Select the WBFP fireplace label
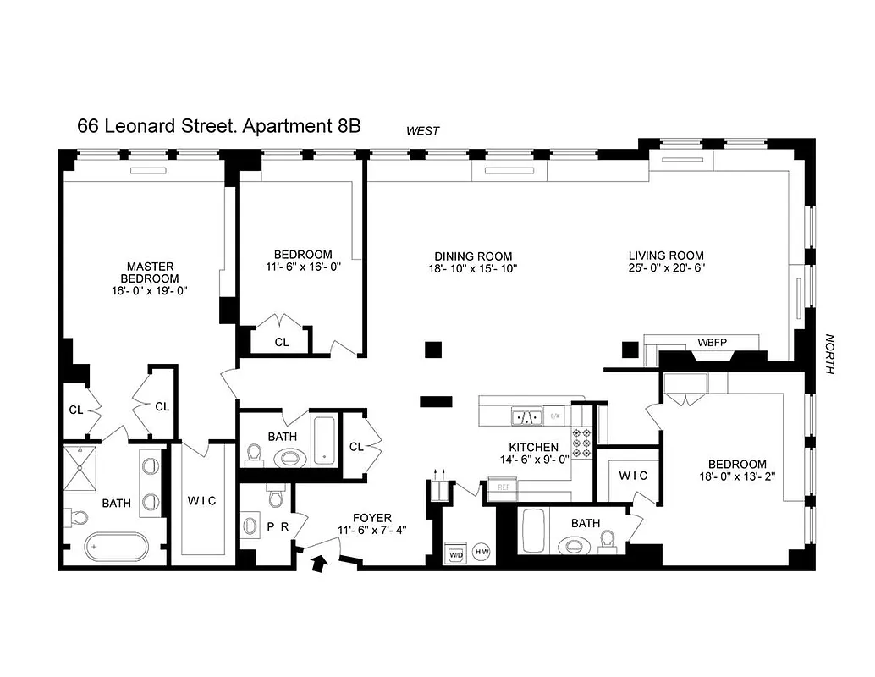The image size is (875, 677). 712,342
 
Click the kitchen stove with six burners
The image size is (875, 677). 582,442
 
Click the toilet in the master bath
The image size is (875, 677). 77,515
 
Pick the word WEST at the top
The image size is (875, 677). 422,130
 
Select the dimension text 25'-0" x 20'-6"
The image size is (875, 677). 665,267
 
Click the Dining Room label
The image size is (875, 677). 473,256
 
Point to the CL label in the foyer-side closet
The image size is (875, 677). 356,446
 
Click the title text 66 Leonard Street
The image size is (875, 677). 157,126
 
